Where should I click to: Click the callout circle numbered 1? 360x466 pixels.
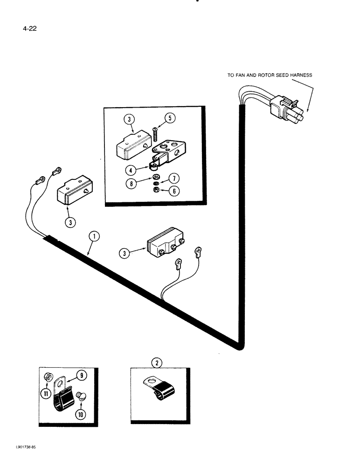[x=94, y=236]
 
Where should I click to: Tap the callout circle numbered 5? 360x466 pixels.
[x=170, y=118]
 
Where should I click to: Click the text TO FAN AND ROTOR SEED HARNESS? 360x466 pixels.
[x=270, y=75]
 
